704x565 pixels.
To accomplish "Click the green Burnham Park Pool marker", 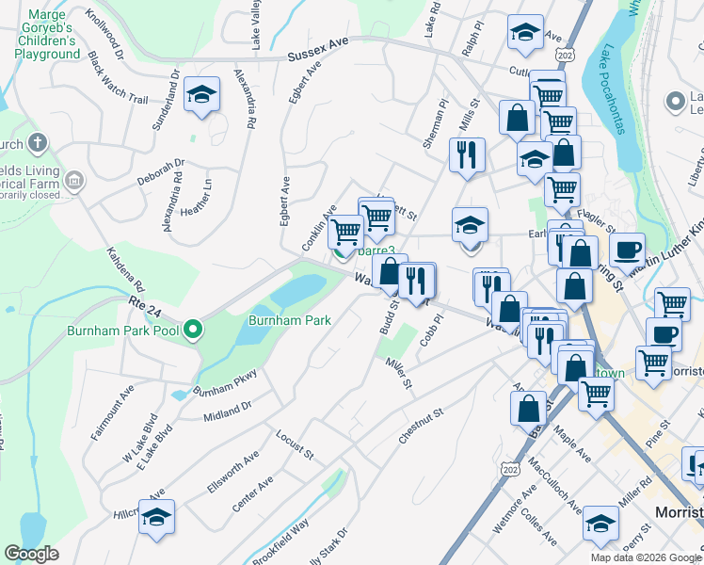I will coord(193,330).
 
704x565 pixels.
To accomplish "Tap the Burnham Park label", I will coord(289,320).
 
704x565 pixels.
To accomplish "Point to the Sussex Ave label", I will coord(318,56).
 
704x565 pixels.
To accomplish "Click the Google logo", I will coord(31,553).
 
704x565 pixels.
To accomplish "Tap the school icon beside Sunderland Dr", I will coord(201,94).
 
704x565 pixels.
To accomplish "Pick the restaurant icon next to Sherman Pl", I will coord(467,155).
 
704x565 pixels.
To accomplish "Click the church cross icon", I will coord(37,144).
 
